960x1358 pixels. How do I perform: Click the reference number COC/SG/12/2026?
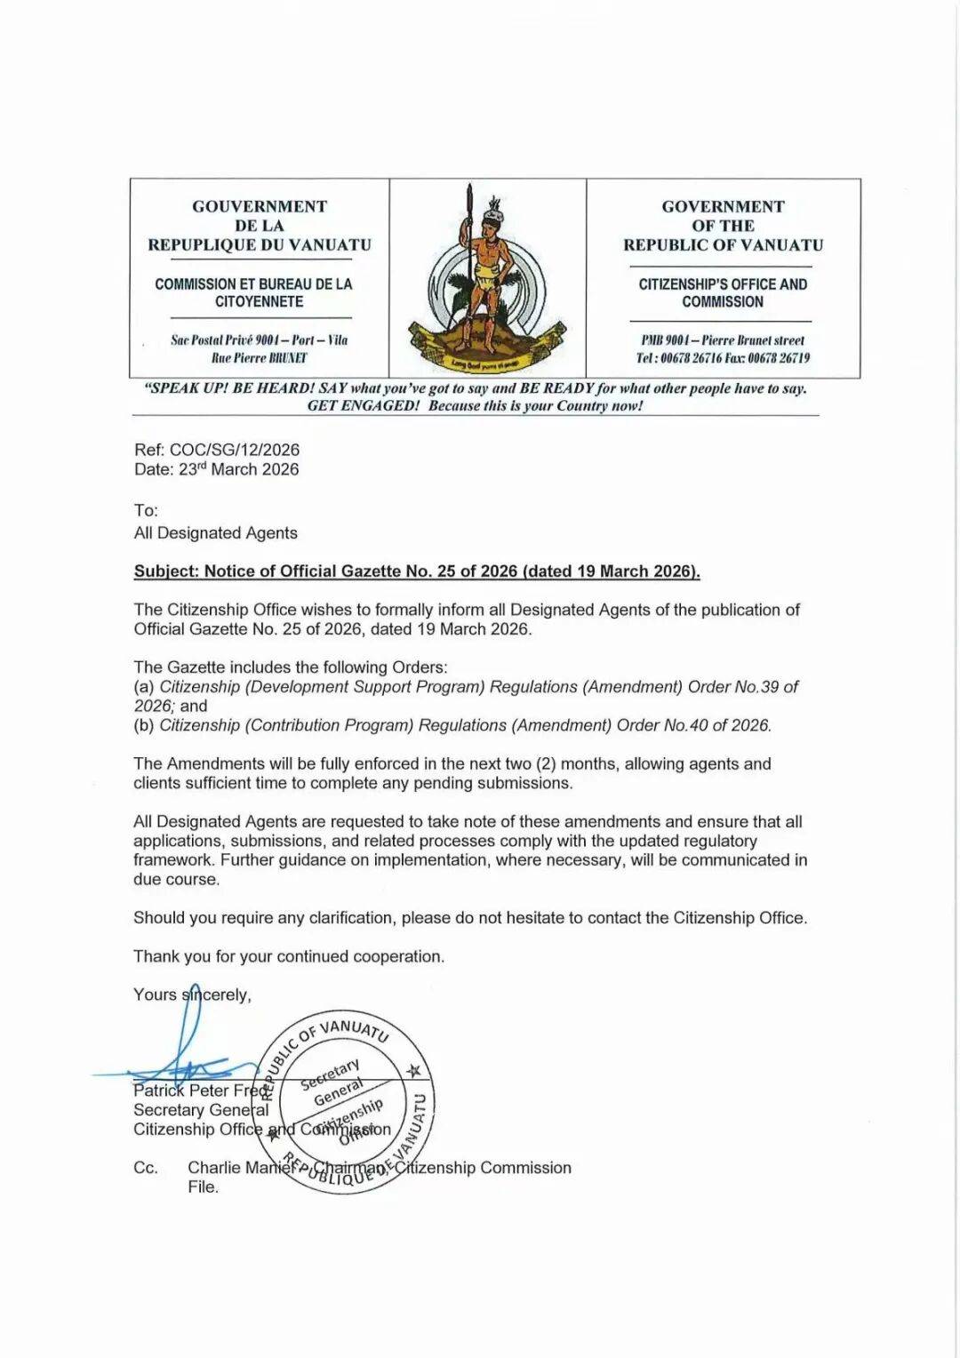point(235,450)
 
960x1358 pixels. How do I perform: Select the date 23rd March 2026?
point(238,469)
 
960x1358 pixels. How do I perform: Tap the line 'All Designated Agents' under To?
point(215,533)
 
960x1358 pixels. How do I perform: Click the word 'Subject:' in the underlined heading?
point(166,571)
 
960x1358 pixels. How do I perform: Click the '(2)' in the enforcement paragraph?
point(545,763)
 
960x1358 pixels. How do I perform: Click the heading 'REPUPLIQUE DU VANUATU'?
point(260,245)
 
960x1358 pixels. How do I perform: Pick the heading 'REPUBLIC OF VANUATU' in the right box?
point(723,245)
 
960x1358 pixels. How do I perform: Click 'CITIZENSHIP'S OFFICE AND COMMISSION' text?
point(723,293)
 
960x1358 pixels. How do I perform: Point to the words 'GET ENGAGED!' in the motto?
point(363,406)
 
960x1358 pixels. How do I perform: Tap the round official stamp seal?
point(347,1102)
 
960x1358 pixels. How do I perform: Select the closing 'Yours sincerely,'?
point(192,995)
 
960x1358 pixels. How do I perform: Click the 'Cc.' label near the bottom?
point(146,1168)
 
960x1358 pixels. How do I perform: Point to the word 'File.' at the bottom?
point(203,1187)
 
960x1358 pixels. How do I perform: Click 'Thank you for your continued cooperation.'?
point(289,956)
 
